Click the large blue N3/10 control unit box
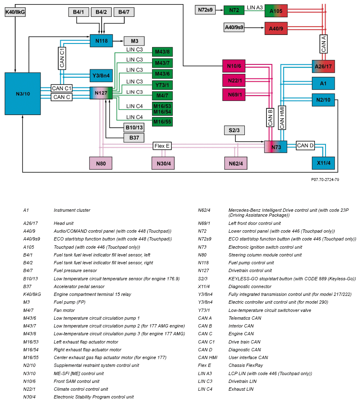click(23, 94)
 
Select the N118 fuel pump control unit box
click(101, 41)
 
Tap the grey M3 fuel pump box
click(134, 41)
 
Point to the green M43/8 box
click(162, 52)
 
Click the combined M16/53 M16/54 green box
click(162, 109)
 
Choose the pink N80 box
click(100, 163)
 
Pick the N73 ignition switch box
click(276, 147)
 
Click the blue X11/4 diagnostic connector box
click(323, 163)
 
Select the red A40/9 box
click(276, 28)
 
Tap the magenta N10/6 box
click(234, 66)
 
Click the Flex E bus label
click(162, 146)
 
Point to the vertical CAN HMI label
click(282, 117)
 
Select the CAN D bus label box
click(305, 145)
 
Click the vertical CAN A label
click(324, 44)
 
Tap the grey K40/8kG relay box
click(16, 12)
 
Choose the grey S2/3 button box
click(234, 131)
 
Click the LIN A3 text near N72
click(255, 7)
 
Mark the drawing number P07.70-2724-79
click(325, 180)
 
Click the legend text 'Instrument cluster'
click(72, 210)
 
